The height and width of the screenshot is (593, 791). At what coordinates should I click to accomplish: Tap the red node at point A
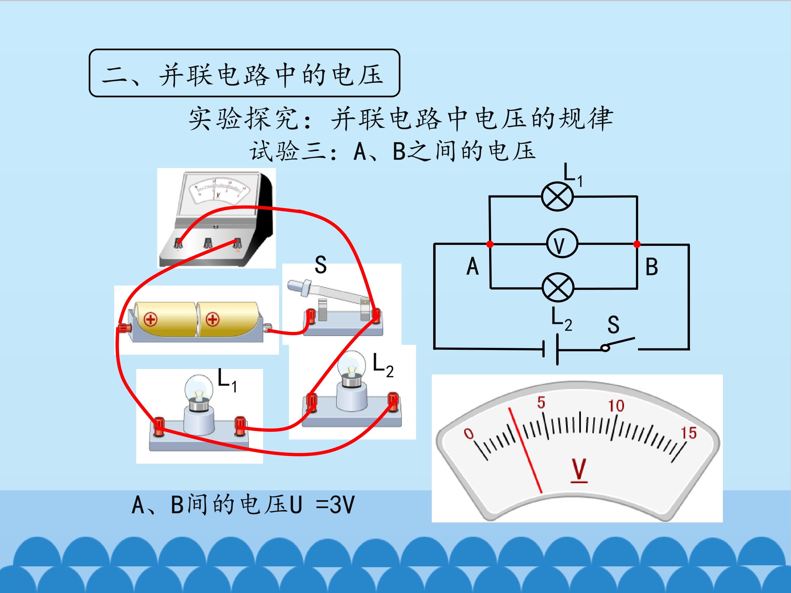[490, 244]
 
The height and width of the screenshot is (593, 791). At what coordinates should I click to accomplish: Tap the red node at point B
[637, 244]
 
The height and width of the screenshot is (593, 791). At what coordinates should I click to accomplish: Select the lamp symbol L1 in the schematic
[557, 197]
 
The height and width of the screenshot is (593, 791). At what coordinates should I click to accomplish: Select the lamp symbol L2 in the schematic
[558, 288]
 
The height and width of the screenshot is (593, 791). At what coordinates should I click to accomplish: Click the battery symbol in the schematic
[551, 349]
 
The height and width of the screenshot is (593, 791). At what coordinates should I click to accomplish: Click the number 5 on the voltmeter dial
[541, 402]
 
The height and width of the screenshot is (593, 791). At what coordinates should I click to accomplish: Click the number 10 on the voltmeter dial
[616, 406]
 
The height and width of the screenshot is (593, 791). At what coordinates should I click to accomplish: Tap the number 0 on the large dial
[469, 433]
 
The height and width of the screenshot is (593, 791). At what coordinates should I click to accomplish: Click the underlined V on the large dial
[579, 470]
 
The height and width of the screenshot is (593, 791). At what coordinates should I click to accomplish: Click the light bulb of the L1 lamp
[199, 388]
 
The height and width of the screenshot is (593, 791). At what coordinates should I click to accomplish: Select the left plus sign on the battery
[151, 319]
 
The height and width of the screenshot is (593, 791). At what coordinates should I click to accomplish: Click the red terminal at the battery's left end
[124, 328]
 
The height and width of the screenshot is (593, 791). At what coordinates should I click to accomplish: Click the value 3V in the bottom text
[342, 505]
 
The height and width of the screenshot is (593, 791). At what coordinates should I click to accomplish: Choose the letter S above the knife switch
[321, 265]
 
